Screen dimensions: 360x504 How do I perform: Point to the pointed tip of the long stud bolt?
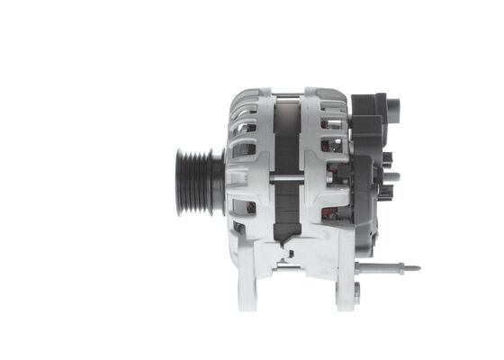417,267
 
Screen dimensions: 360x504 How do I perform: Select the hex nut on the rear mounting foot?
356,290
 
